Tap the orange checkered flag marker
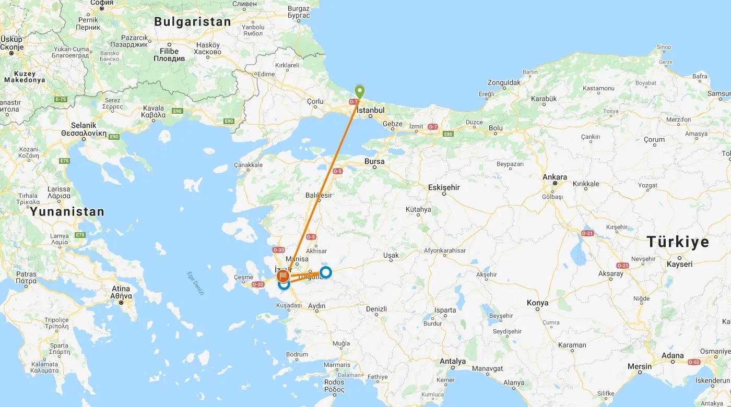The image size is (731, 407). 284,275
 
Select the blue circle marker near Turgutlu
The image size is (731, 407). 325,272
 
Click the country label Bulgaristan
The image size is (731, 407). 192,22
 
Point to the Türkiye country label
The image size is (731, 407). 678,242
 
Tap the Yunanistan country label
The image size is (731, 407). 67,212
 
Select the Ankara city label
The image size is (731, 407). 555,177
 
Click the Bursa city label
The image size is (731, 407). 374,162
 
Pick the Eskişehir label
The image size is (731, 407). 444,187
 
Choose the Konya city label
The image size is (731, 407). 537,303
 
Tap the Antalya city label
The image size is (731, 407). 453,361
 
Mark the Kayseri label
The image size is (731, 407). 679,264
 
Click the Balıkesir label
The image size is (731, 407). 319,195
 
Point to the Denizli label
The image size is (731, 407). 376,309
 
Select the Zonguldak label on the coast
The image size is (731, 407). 504,82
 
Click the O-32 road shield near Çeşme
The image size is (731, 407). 258,284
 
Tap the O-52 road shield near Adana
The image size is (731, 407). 693,362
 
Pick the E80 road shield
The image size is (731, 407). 448,134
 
